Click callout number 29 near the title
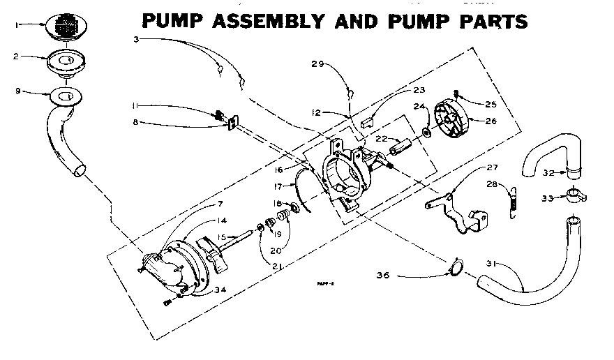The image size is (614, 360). (317, 64)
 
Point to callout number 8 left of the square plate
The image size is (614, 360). (135, 123)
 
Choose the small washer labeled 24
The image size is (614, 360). (425, 132)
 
